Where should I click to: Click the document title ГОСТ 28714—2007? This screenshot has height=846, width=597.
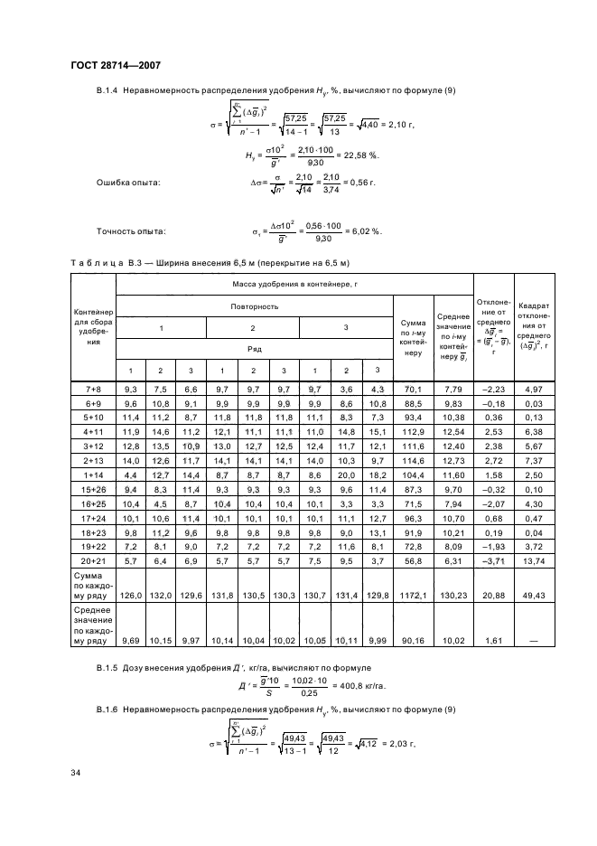[x=114, y=64]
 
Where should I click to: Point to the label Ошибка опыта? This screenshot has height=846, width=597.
[x=128, y=183]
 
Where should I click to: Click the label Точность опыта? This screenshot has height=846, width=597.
[x=130, y=230]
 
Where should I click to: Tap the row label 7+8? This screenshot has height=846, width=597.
[x=92, y=389]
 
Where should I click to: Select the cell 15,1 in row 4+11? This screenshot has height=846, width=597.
[x=377, y=432]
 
